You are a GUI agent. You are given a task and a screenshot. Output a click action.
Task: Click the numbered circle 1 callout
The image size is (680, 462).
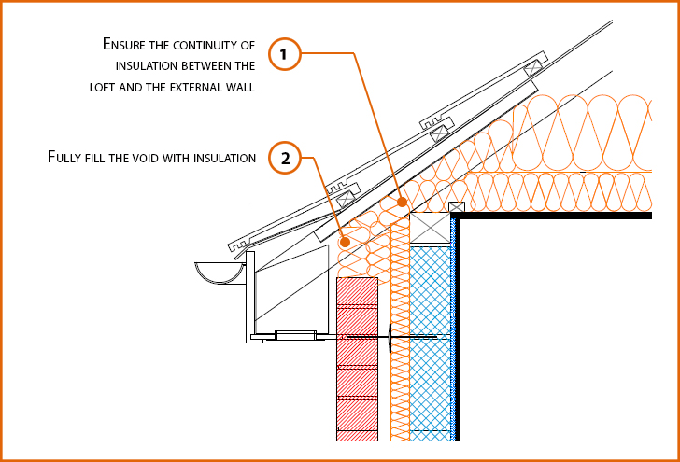[285, 54]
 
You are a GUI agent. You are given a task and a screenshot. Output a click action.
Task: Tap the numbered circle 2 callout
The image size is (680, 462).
[285, 158]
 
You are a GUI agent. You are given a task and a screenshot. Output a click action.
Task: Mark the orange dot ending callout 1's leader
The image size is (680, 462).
[402, 200]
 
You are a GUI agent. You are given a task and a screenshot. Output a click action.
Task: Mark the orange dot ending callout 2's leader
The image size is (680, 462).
[346, 242]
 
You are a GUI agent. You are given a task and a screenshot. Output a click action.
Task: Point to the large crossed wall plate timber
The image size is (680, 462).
[431, 228]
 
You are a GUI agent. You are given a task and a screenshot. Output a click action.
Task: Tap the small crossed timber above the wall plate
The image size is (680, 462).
[457, 208]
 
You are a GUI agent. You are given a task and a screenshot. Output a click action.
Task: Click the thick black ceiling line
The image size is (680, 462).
[551, 216]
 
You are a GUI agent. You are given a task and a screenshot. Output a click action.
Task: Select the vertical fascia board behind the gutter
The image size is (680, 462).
[249, 299]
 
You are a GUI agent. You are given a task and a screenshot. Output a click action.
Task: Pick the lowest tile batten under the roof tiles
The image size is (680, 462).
[347, 197]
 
